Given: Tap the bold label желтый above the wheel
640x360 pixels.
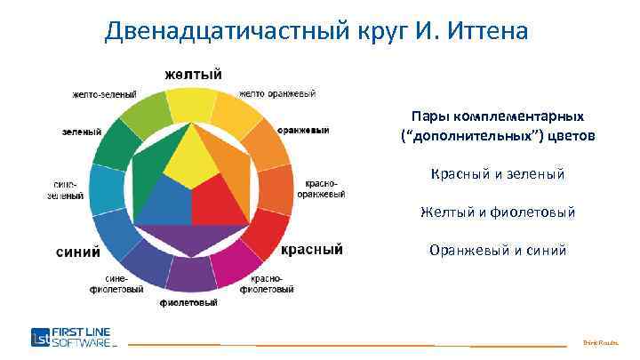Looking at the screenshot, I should (192, 73).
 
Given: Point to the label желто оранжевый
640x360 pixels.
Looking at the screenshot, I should (277, 92).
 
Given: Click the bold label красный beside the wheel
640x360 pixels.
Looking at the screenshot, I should (312, 250).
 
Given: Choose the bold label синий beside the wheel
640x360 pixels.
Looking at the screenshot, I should (78, 252).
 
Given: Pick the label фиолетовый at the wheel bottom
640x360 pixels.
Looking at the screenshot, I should (188, 303).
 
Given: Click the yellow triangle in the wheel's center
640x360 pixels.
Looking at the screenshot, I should (191, 160).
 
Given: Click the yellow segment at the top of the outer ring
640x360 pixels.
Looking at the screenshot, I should (192, 104).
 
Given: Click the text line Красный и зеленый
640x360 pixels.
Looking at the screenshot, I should (497, 175).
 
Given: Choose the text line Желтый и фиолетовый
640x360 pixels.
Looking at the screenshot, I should (497, 212).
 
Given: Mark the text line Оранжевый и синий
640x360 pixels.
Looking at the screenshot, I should (497, 250).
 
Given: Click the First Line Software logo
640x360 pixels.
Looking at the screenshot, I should (72, 338).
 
